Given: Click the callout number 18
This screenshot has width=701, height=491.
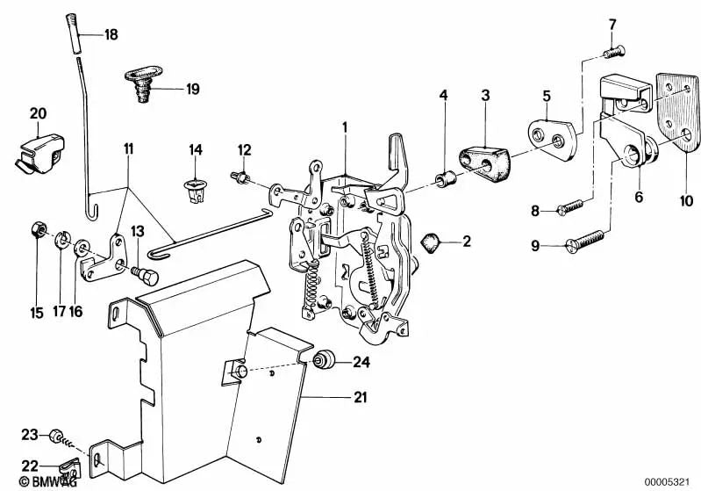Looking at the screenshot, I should click(111, 35).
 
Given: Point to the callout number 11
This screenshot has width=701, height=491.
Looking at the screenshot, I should click(128, 150).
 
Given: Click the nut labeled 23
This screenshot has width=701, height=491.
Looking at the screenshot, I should click(54, 436).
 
